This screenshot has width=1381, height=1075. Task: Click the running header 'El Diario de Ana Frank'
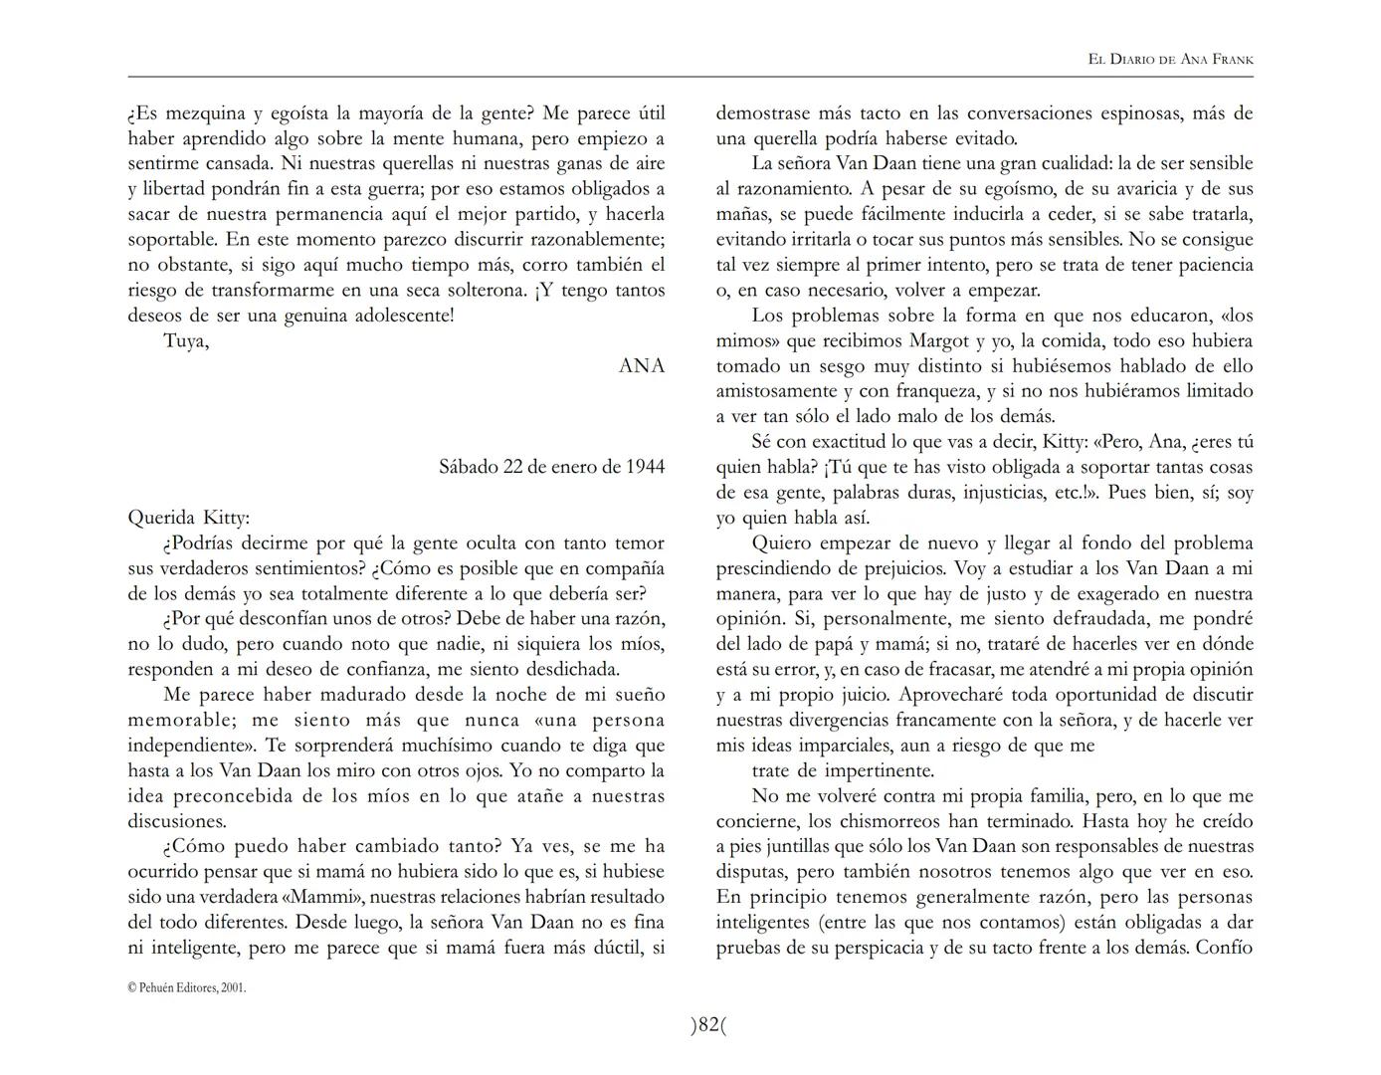(1170, 60)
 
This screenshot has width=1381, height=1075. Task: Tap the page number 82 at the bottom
(708, 1024)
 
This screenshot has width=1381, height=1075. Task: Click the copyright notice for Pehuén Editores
(187, 987)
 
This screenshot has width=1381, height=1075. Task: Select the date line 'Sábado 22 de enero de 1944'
(551, 466)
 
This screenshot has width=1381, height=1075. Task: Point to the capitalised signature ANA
(642, 365)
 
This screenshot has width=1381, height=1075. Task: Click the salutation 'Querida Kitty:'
(189, 518)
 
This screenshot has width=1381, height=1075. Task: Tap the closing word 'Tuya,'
(186, 341)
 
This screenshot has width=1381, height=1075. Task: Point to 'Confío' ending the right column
(1224, 948)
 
